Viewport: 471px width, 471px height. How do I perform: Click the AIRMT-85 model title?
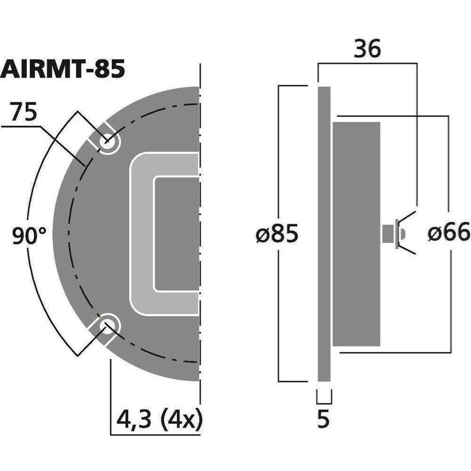point(63,69)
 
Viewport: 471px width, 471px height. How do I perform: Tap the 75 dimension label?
point(23,112)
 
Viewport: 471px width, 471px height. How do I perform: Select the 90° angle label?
point(29,236)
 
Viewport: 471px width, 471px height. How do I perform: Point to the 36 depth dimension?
point(367,49)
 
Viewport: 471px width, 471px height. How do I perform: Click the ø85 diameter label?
point(277,234)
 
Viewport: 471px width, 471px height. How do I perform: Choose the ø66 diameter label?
point(449,232)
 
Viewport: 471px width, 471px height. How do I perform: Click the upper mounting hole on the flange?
point(108,142)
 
